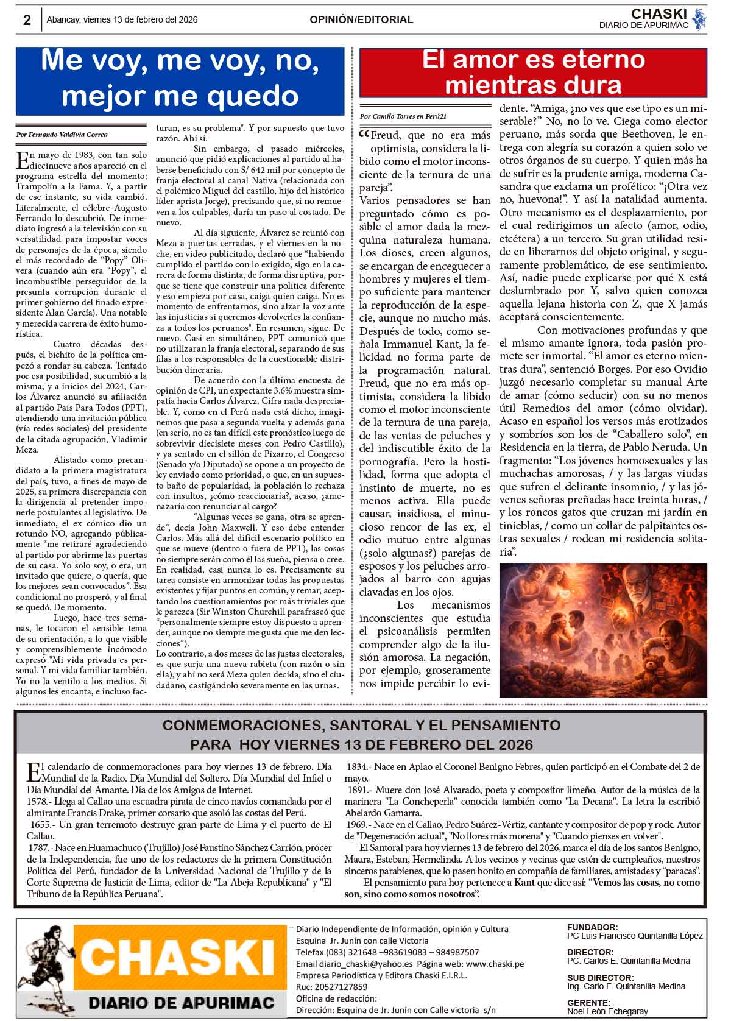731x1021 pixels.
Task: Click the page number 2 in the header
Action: [27, 20]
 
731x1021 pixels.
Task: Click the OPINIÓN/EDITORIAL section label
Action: [361, 19]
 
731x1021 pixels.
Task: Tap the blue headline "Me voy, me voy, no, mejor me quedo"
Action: [180, 79]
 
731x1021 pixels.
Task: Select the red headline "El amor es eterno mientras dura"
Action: [533, 72]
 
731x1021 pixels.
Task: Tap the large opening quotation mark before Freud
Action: [364, 136]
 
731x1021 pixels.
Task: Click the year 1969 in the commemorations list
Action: [357, 824]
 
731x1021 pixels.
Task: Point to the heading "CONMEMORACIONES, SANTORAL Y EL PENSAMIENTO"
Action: [361, 726]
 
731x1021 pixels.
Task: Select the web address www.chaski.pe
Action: [495, 964]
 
